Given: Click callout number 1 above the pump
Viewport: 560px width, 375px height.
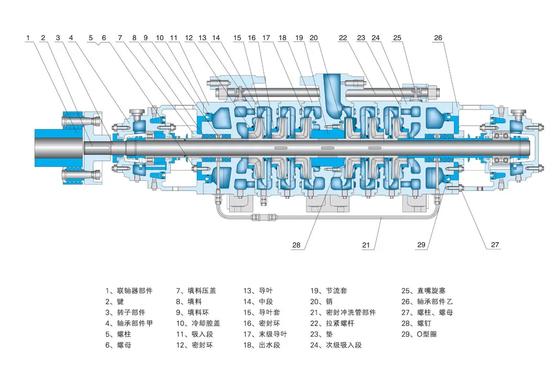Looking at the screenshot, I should [29, 38].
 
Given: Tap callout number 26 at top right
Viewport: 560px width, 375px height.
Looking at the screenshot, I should [438, 38].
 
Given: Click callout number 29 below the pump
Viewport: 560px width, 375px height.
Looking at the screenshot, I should [421, 245].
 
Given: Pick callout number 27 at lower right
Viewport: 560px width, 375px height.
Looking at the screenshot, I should [494, 245].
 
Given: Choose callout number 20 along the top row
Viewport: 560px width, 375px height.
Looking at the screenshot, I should [314, 38].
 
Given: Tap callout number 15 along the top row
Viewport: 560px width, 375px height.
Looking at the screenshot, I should [237, 38].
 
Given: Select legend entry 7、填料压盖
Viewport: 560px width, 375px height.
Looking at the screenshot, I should [196, 291].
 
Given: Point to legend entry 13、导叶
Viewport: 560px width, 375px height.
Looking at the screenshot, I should [258, 291].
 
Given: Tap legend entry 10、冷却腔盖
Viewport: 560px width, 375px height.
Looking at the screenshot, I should [198, 323].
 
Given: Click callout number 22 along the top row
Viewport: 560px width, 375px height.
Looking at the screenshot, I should [343, 38].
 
